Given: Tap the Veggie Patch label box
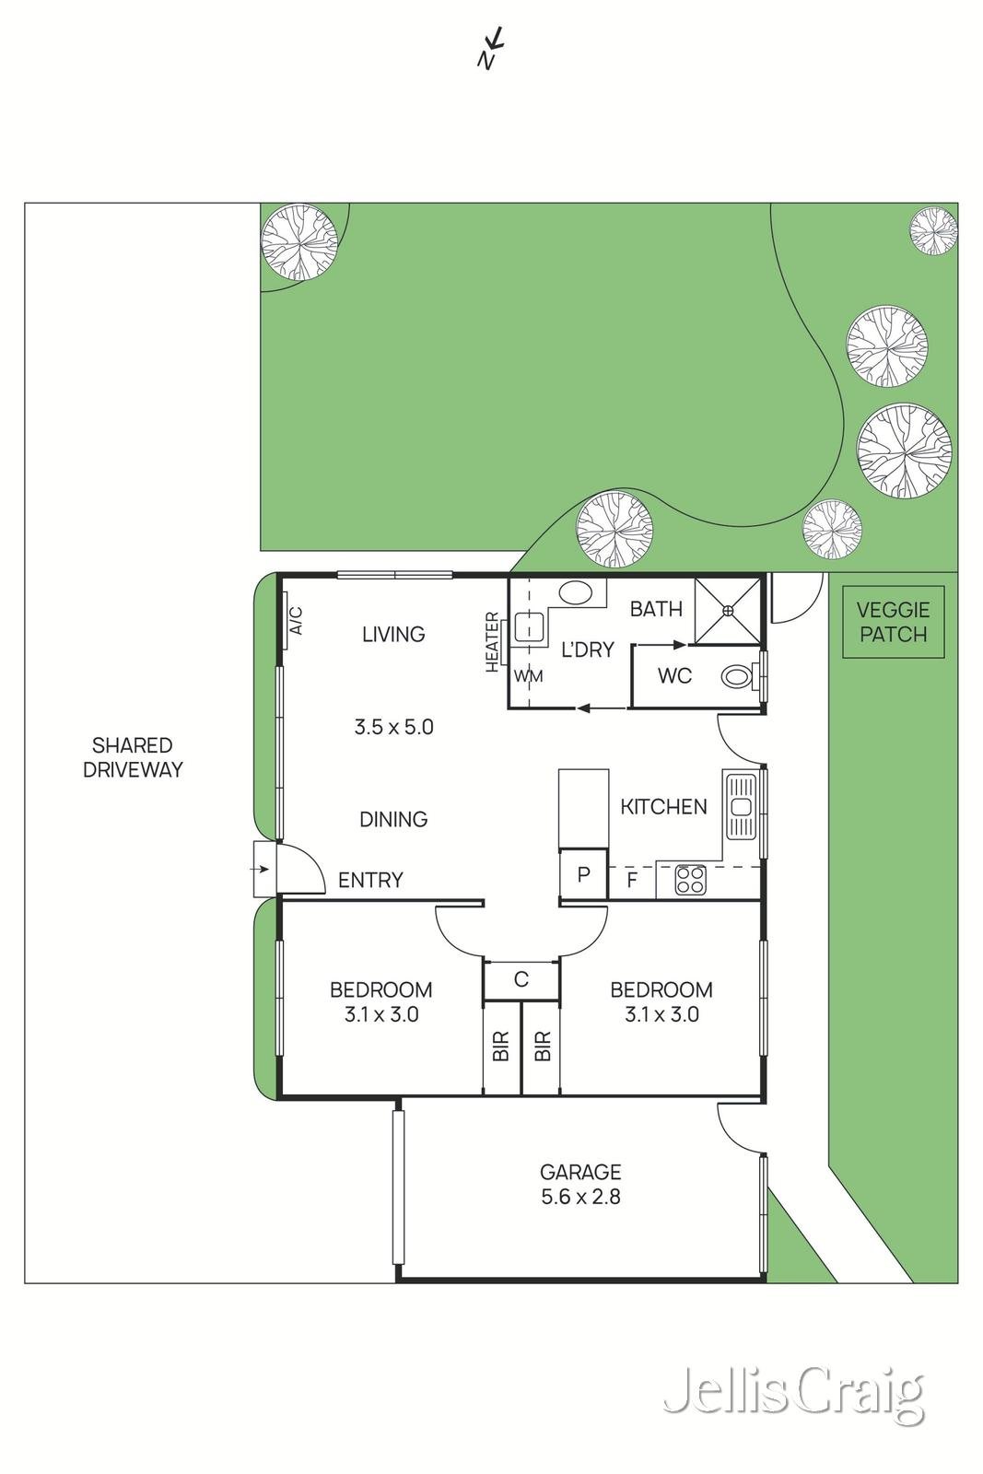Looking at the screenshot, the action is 893,622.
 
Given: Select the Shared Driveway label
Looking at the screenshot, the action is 133,757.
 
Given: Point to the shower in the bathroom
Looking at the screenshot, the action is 727,611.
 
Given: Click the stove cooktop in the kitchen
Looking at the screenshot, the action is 690,879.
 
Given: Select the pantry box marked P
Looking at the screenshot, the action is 583,874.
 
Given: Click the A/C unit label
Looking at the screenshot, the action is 296,621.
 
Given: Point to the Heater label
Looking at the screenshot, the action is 492,642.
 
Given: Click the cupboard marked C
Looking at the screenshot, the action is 521,980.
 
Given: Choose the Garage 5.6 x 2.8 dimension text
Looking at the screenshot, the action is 580,1185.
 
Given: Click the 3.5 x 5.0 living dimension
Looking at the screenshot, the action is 393,727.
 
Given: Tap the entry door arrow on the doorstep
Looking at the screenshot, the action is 262,870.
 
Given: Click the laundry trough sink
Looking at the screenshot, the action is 528,627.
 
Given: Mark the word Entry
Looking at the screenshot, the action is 370,880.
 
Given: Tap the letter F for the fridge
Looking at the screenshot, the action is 632,881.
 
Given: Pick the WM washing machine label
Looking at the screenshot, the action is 528,676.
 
